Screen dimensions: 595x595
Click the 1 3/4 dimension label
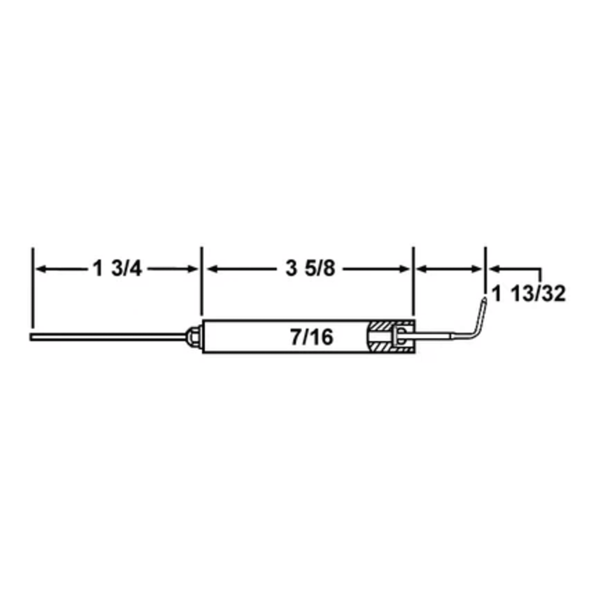tap(117, 269)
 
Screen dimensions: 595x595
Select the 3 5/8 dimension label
tap(310, 269)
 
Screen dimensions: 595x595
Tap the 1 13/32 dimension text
tap(529, 294)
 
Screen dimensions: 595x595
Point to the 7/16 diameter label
tap(311, 337)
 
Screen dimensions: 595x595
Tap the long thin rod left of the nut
tap(103, 336)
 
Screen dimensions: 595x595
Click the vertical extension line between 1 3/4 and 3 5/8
tap(201, 280)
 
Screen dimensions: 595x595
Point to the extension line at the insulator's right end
tap(413, 280)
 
